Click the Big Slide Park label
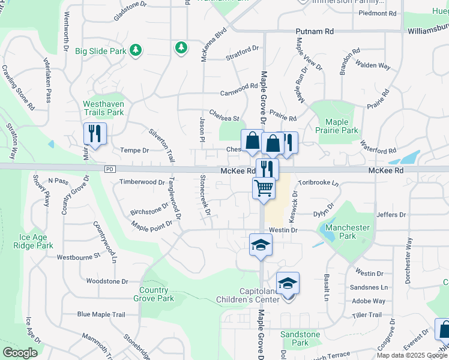point(100,51)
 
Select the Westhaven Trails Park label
point(103,108)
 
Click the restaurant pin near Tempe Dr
point(95,134)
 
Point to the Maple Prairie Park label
point(337,127)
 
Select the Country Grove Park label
point(154,294)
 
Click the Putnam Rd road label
point(315,31)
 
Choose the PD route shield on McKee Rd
point(109,170)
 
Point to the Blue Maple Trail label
point(101,314)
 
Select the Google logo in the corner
point(20,353)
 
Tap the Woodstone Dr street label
point(107,281)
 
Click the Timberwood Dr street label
point(142,182)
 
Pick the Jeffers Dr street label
point(392,215)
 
